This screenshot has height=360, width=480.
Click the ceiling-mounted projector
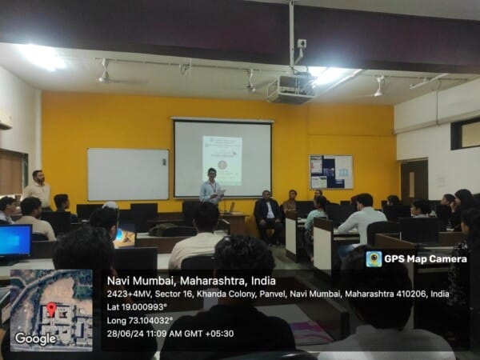tap(290, 88)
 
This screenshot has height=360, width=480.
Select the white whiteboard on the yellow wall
tap(128, 174)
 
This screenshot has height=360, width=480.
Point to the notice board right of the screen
tap(331, 172)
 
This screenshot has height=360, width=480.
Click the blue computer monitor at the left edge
tap(15, 240)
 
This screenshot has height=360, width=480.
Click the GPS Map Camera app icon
tap(374, 258)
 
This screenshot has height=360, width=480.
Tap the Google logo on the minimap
tap(35, 338)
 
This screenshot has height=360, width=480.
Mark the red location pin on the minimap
tap(51, 307)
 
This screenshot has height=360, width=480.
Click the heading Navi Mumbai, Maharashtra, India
tap(191, 281)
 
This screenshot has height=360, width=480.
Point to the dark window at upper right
tap(466, 134)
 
